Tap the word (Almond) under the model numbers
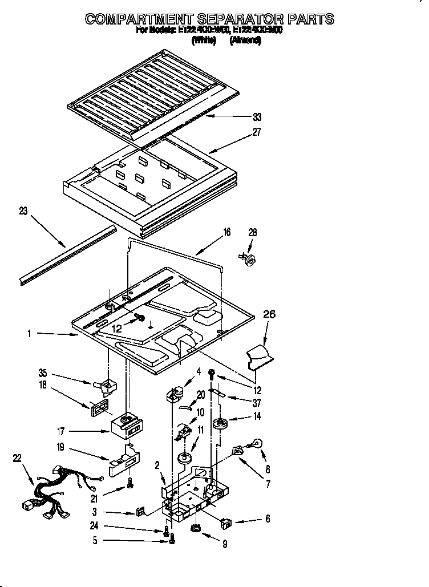point(245,41)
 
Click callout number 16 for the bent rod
point(227,232)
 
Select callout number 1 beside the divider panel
point(29,334)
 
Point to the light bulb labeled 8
point(257,443)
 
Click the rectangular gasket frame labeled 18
point(99,410)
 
